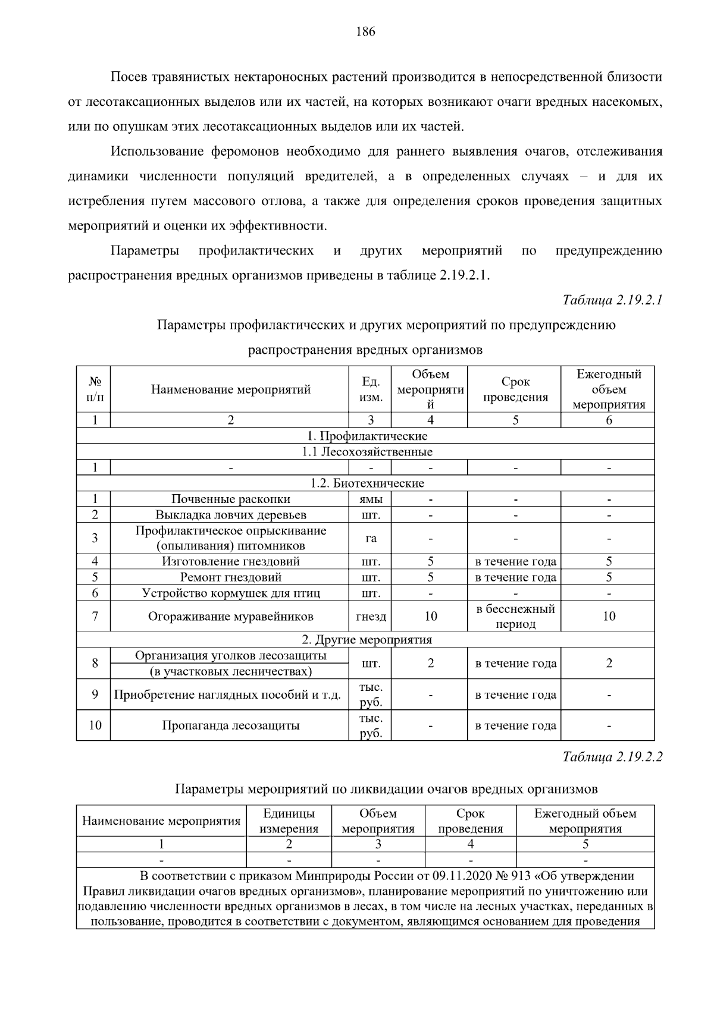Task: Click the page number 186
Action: pyautogui.click(x=365, y=32)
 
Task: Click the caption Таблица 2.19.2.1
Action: pyautogui.click(x=612, y=300)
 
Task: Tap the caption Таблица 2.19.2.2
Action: pyautogui.click(x=612, y=757)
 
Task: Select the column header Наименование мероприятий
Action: pyautogui.click(x=231, y=390)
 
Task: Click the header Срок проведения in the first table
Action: pyautogui.click(x=515, y=390)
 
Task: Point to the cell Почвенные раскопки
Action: pyautogui.click(x=231, y=499)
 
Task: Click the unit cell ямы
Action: pyautogui.click(x=371, y=499)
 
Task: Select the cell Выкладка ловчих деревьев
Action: pyautogui.click(x=231, y=515)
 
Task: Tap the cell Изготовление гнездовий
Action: pyautogui.click(x=231, y=561)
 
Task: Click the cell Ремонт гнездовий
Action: pyautogui.click(x=231, y=577)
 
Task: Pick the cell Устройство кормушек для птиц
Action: pyautogui.click(x=231, y=593)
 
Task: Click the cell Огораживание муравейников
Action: pyautogui.click(x=231, y=617)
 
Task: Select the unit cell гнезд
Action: pyautogui.click(x=371, y=617)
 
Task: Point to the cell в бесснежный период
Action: pyautogui.click(x=515, y=617)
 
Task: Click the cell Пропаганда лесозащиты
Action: pyautogui.click(x=231, y=725)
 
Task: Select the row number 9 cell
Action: pyautogui.click(x=95, y=694)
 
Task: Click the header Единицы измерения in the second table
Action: pyautogui.click(x=289, y=821)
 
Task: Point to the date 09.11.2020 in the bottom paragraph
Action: pyautogui.click(x=462, y=876)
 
